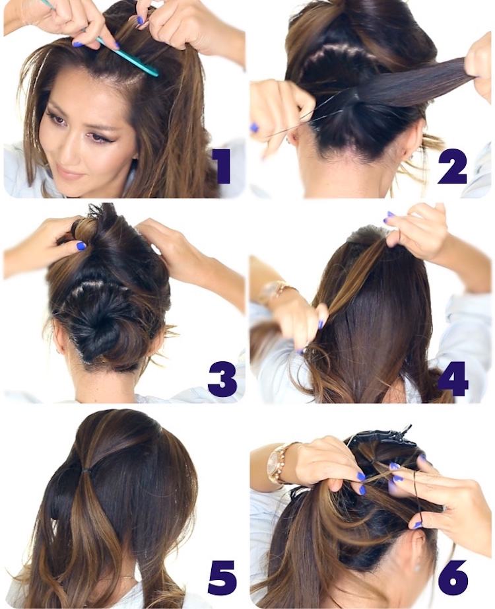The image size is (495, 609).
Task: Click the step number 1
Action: point(222,167)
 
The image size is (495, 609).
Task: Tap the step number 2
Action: point(452,167)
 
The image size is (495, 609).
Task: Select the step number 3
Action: point(222,379)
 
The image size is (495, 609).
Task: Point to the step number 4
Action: point(453,378)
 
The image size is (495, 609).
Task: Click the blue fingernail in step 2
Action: point(254,127)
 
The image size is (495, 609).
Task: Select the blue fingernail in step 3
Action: point(81,246)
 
